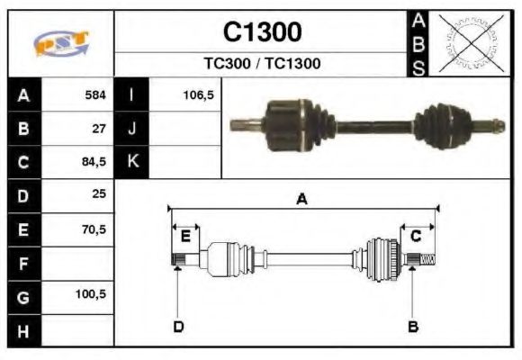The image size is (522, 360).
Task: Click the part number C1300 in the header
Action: (x=262, y=32)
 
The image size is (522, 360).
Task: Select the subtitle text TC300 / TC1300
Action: (x=262, y=64)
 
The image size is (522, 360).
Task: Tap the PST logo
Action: (x=61, y=43)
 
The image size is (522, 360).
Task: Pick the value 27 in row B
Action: (x=99, y=129)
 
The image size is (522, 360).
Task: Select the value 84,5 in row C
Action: (x=94, y=163)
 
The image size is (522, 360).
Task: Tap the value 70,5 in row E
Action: (x=94, y=229)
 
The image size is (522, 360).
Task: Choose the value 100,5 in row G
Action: (x=92, y=295)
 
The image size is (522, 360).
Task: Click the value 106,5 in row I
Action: (x=197, y=94)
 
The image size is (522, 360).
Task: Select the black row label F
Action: (x=23, y=264)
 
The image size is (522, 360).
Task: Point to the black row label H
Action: (x=23, y=330)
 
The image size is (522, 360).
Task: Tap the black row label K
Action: (x=131, y=162)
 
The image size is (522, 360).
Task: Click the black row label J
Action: (x=131, y=129)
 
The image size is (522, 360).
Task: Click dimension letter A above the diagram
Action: (x=301, y=200)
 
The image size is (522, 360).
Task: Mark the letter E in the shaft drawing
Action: (x=185, y=237)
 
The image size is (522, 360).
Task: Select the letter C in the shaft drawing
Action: (x=416, y=237)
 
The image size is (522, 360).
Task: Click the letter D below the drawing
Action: (x=178, y=326)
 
